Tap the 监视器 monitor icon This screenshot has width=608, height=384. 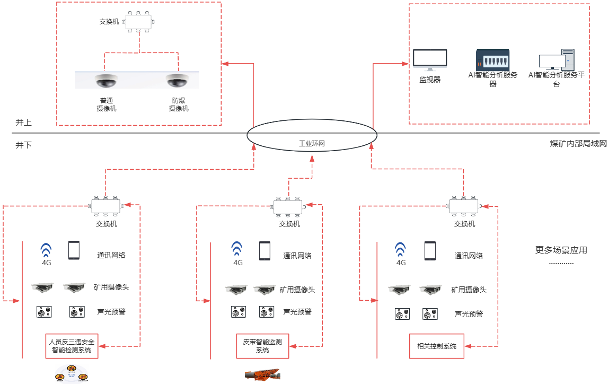coord(430,59)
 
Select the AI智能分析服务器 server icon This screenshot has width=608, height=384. coord(492,60)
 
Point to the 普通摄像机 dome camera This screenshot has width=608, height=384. coord(106,81)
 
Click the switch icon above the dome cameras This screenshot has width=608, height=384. coord(138,22)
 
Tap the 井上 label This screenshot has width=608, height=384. coord(23,123)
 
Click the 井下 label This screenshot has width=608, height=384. coord(23,144)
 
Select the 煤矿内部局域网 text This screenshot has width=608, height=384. coord(578,144)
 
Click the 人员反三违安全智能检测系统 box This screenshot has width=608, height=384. coord(72,346)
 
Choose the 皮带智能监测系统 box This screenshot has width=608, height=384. coord(263,346)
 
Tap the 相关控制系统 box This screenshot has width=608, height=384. coord(437,346)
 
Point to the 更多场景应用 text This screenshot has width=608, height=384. coord(561,250)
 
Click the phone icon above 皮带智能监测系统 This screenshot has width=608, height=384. coord(264,251)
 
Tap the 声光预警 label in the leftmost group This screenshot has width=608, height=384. coord(111,311)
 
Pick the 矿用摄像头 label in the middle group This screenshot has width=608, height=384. coord(297,290)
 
